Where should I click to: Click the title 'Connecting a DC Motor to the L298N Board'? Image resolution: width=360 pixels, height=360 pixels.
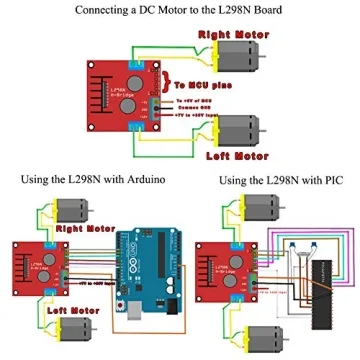coord(180,10)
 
